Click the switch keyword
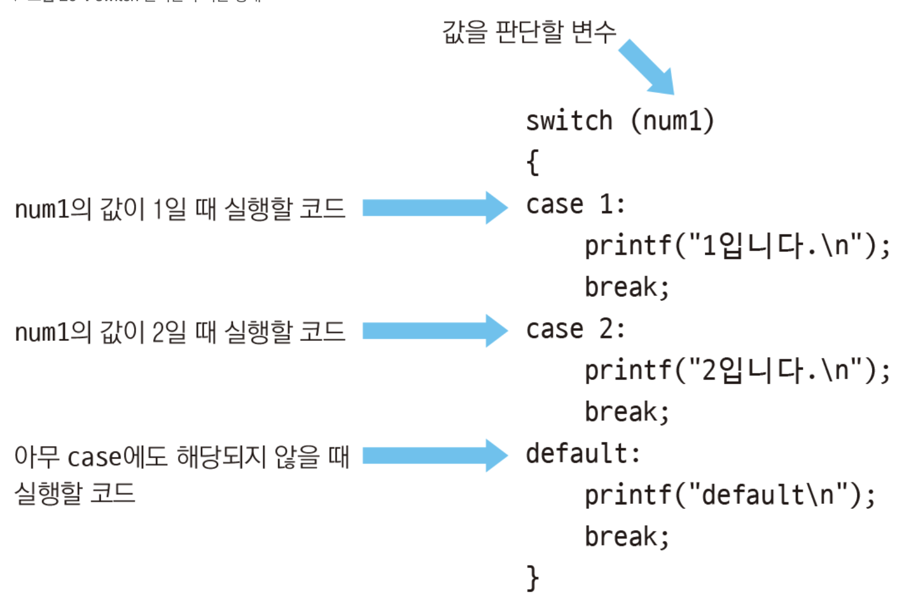[569, 121]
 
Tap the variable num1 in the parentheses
[671, 121]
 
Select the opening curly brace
[533, 163]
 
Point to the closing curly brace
[533, 578]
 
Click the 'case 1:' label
[575, 205]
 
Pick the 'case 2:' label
[575, 329]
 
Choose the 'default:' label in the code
[583, 454]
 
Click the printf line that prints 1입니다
[737, 246]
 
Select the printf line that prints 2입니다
[737, 371]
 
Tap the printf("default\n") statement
[730, 495]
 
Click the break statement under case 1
[626, 287]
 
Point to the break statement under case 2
[626, 412]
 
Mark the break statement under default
[626, 537]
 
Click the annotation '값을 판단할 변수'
[529, 32]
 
